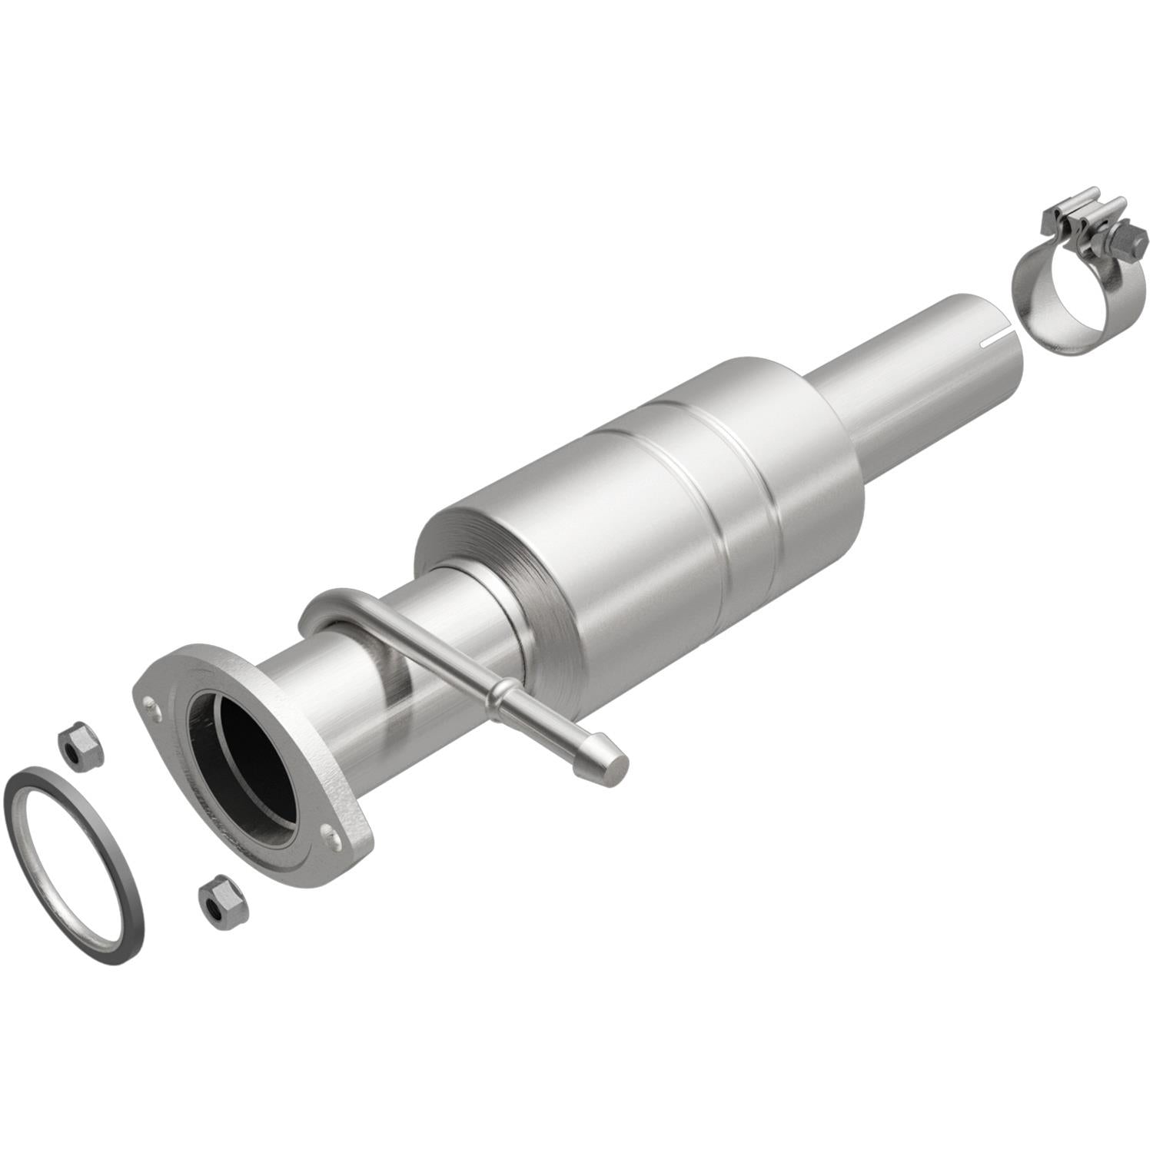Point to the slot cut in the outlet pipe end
tap(999, 337)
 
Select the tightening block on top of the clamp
tap(1076, 215)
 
